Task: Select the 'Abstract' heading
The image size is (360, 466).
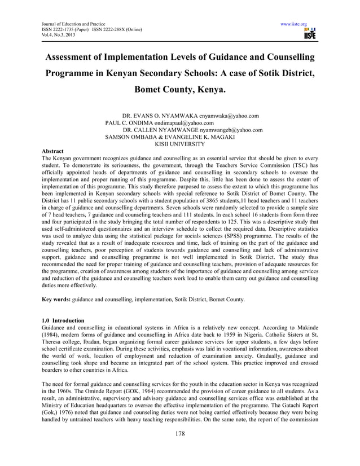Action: tap(53, 151)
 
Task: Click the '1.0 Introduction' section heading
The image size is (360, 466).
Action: tap(63, 320)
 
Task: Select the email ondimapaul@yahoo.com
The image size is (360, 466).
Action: tap(185, 122)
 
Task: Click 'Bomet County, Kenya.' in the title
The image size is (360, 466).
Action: tap(179, 90)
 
